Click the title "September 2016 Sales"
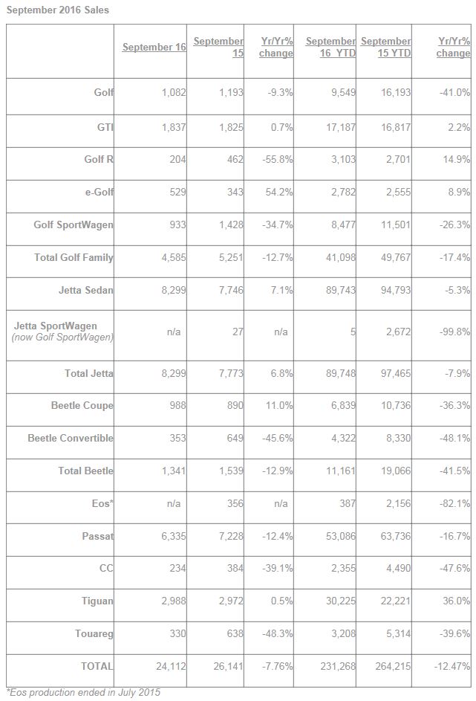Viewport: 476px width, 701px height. pyautogui.click(x=58, y=10)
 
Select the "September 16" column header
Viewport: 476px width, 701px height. pyautogui.click(x=154, y=47)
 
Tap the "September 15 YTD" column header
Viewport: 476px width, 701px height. pyautogui.click(x=386, y=47)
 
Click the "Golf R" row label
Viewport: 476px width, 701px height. pyautogui.click(x=99, y=159)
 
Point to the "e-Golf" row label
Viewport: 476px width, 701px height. pyautogui.click(x=99, y=192)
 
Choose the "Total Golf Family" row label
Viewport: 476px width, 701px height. pyautogui.click(x=74, y=257)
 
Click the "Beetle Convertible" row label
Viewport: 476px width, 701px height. pyautogui.click(x=71, y=438)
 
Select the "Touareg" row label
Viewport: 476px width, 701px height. pyautogui.click(x=94, y=633)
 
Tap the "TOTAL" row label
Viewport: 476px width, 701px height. pyautogui.click(x=97, y=666)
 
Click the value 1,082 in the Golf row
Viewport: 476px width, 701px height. pyautogui.click(x=174, y=92)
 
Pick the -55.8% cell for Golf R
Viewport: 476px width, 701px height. pyautogui.click(x=278, y=159)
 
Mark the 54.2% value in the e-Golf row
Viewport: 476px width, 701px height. pyautogui.click(x=279, y=192)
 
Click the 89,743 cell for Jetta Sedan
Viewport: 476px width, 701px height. pyautogui.click(x=341, y=290)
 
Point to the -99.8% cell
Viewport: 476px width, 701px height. pyautogui.click(x=454, y=332)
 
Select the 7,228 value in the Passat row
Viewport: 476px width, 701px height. pyautogui.click(x=231, y=535)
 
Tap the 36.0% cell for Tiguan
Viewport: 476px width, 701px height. pyautogui.click(x=457, y=601)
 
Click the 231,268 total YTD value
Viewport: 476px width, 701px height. pyautogui.click(x=338, y=666)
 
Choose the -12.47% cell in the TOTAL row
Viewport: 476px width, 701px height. pyautogui.click(x=452, y=666)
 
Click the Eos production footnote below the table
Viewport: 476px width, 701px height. pyautogui.click(x=83, y=693)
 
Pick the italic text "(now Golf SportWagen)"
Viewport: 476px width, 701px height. pyautogui.click(x=62, y=337)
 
